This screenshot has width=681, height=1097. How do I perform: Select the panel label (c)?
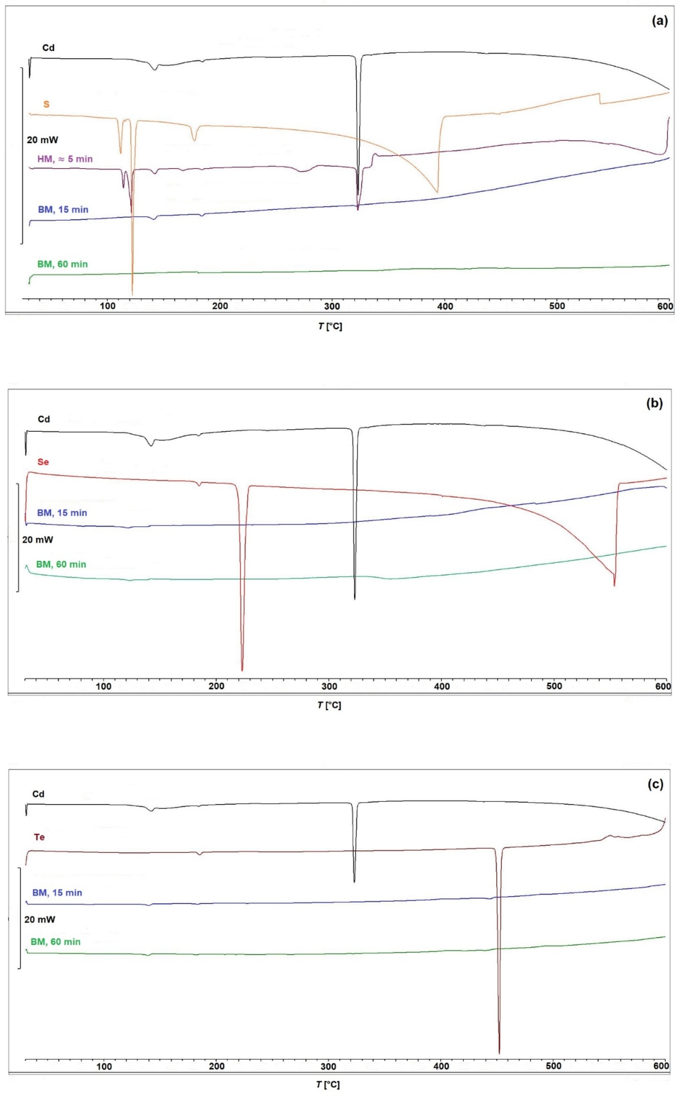tap(655, 784)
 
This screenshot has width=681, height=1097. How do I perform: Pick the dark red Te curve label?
tap(39, 837)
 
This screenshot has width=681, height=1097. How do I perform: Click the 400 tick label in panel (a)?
tap(445, 306)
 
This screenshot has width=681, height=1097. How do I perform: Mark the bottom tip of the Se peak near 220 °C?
tap(242, 671)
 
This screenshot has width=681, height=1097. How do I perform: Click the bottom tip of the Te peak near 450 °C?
tap(499, 1053)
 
